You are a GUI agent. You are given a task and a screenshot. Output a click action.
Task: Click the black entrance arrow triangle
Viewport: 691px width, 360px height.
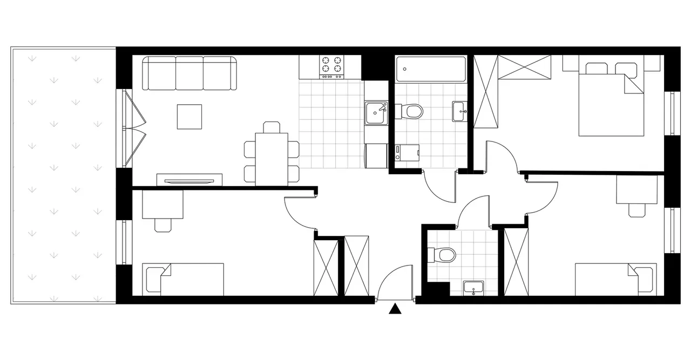pos(396,309)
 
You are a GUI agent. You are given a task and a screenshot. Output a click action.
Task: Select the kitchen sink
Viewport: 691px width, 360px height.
pos(376,113)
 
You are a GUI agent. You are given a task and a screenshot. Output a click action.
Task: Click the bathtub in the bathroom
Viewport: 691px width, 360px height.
pos(430,69)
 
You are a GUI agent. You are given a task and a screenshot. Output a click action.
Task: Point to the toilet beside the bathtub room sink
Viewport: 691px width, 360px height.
pos(413,112)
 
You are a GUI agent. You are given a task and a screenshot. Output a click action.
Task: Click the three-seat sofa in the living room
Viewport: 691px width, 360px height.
pos(189,73)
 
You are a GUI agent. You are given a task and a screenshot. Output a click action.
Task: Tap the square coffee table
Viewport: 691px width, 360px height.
pos(189,117)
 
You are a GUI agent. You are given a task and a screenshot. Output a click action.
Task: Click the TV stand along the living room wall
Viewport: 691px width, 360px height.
pos(189,180)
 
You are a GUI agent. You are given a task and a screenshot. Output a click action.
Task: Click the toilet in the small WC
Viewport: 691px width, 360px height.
pos(444,254)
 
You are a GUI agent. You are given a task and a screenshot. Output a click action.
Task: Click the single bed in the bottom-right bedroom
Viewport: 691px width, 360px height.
pos(615,279)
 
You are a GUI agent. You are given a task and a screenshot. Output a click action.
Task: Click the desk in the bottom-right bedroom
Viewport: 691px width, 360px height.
pos(637,190)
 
